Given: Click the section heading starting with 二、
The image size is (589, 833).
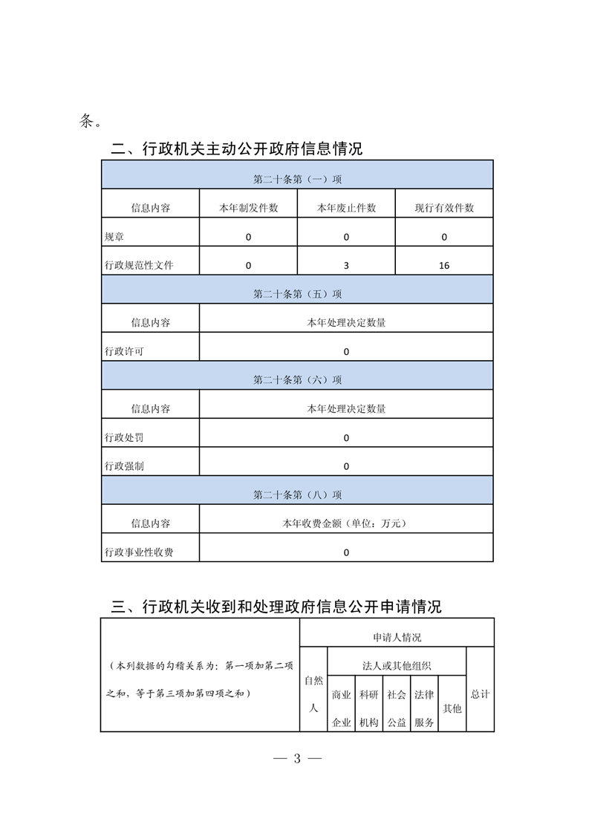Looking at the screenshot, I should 236,148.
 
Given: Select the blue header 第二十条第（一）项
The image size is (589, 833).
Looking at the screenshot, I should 297,179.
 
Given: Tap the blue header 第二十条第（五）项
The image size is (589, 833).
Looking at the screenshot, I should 297,294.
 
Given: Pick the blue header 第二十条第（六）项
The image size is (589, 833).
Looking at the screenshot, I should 297,379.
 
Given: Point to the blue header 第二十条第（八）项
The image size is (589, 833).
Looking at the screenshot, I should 297,494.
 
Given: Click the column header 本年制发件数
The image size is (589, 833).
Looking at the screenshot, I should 248,208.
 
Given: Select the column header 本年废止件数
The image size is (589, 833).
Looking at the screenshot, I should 346,208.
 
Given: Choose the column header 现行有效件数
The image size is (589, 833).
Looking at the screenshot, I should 444,208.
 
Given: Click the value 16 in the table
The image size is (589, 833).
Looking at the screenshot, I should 444,265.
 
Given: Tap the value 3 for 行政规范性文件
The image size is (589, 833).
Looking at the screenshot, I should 346,265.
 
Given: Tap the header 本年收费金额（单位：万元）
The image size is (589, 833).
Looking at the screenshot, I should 346,523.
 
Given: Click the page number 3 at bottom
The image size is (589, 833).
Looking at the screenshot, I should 296,759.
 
